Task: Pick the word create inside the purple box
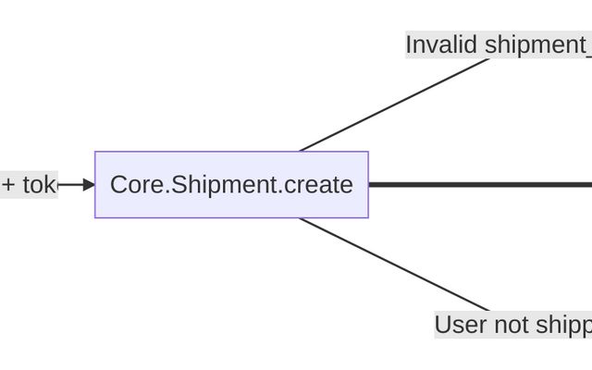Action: [x=318, y=185]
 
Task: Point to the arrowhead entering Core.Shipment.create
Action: [x=89, y=185]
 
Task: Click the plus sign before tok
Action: [x=8, y=185]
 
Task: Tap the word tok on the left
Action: [x=39, y=185]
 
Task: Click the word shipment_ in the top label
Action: [x=537, y=44]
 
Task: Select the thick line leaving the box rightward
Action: [x=481, y=185]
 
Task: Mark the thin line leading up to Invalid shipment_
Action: [x=393, y=105]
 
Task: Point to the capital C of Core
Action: [x=118, y=185]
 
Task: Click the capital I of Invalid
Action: [x=409, y=44]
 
